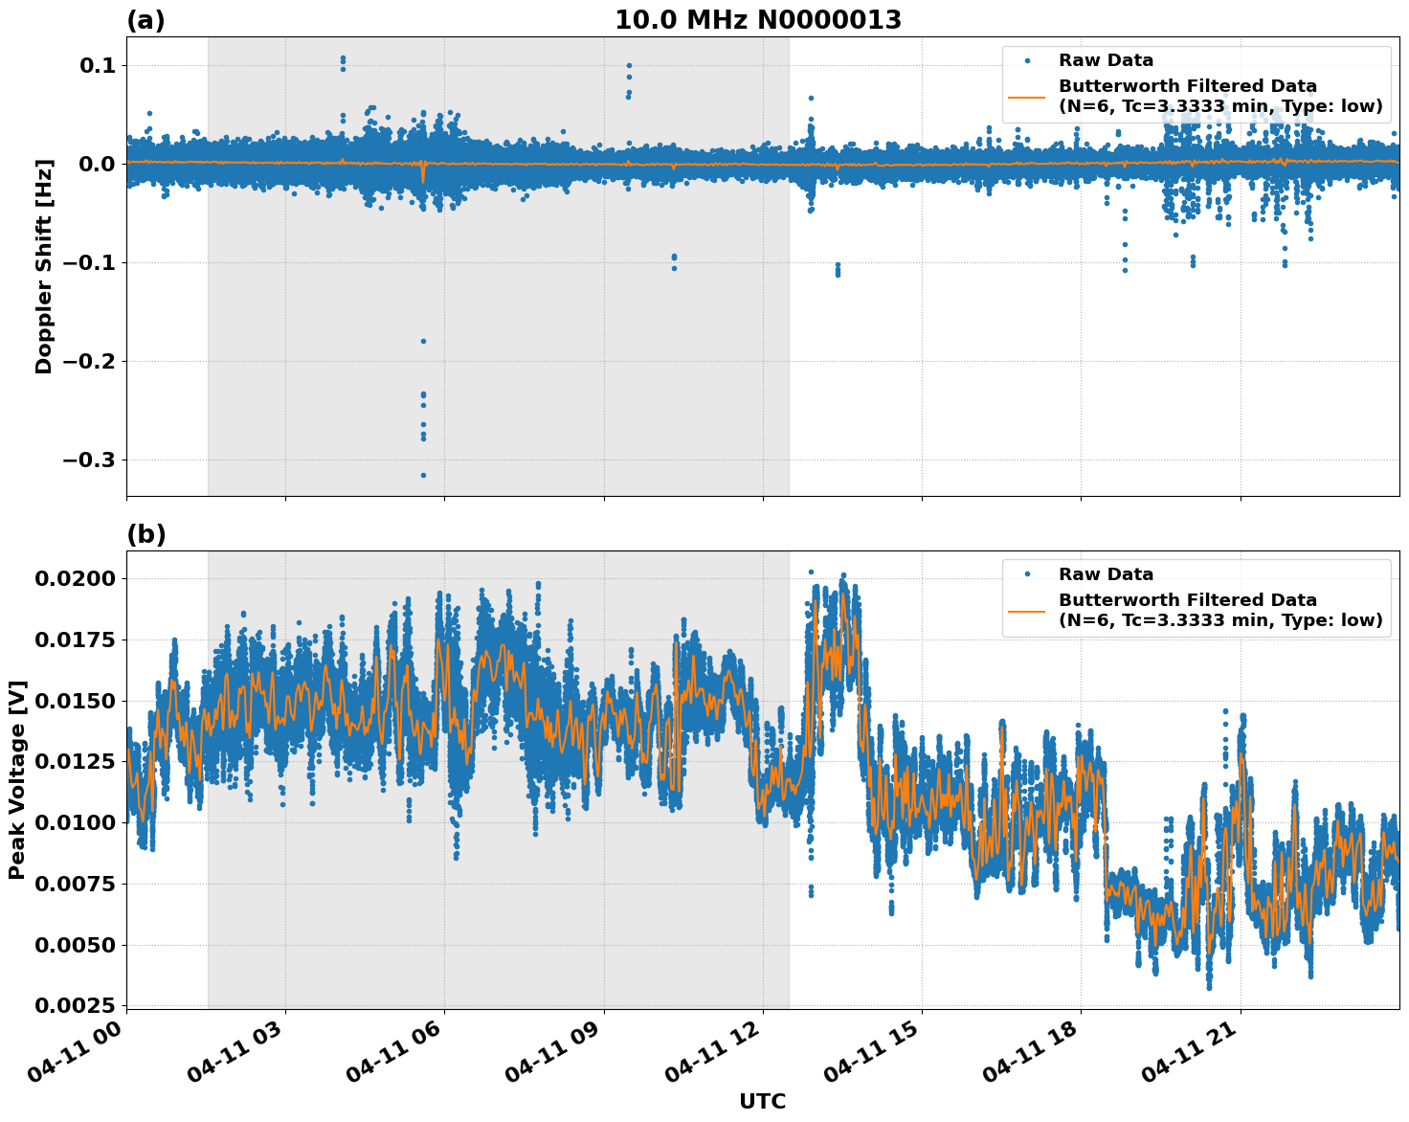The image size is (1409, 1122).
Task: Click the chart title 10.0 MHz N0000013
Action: click(757, 20)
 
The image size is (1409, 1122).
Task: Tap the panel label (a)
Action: click(145, 20)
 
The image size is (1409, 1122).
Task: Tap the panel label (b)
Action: click(145, 534)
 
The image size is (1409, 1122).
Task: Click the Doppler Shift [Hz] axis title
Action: click(44, 266)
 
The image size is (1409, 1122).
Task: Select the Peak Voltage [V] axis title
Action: click(17, 779)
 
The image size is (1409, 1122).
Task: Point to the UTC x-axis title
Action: click(762, 1101)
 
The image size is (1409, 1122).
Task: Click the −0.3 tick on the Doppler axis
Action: click(88, 460)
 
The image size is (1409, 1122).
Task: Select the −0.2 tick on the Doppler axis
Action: click(88, 361)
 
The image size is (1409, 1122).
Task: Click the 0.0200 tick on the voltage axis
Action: click(77, 578)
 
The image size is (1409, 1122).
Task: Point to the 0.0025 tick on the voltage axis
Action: click(77, 1005)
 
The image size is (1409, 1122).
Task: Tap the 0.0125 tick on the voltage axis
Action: click(77, 761)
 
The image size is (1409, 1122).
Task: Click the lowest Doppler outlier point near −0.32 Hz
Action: click(423, 475)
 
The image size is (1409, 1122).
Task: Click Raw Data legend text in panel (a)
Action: click(1106, 60)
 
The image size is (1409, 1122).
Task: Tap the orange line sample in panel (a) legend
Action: click(1027, 96)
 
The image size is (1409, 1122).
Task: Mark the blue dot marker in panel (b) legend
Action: click(1027, 574)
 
